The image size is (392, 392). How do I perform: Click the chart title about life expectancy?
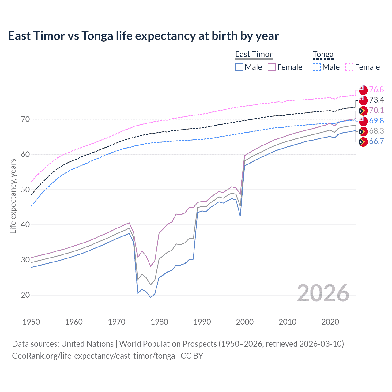[x=143, y=36]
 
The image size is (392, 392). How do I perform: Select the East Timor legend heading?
[x=254, y=54]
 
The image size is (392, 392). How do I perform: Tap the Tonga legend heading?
[x=323, y=54]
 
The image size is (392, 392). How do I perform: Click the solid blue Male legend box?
[x=239, y=67]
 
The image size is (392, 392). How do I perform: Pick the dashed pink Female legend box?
[x=349, y=67]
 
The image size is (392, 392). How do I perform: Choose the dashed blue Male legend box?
[x=317, y=67]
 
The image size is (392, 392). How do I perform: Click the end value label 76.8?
[x=376, y=89]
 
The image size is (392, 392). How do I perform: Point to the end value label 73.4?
[x=376, y=100]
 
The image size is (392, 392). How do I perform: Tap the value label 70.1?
[x=376, y=110]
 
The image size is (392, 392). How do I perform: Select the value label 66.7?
[x=376, y=141]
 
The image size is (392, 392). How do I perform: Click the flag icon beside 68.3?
[x=363, y=131]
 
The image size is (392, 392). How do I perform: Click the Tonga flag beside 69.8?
[x=363, y=121]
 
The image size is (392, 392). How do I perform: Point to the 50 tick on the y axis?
[x=25, y=190]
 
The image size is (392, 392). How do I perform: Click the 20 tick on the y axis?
[x=25, y=295]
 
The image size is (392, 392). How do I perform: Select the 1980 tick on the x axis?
[x=159, y=322]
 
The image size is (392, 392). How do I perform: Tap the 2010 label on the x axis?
[x=287, y=322]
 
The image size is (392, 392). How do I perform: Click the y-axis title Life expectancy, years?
[x=13, y=196]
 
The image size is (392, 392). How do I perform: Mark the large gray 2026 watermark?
[x=323, y=293]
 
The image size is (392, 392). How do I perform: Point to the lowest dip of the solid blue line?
[x=150, y=297]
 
